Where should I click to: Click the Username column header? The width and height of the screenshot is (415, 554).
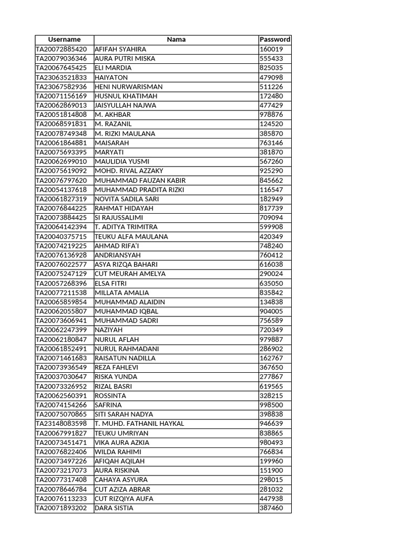click(64, 39)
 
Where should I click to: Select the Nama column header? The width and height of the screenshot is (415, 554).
click(176, 39)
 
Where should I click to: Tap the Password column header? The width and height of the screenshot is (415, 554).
click(275, 39)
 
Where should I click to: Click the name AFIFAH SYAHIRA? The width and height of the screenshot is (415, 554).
click(121, 49)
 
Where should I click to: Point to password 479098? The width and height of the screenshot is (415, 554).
click(271, 77)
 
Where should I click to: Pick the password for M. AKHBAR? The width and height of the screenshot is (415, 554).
click(271, 115)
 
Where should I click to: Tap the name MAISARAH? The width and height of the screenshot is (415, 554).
click(112, 143)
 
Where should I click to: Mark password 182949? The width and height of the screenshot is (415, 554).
click(271, 199)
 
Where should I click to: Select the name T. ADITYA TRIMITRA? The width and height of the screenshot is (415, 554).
click(126, 227)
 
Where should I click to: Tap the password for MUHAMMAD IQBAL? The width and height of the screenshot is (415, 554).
click(271, 311)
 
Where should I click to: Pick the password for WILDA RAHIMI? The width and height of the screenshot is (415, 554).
click(271, 452)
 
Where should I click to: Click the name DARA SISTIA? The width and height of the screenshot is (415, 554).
click(114, 508)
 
